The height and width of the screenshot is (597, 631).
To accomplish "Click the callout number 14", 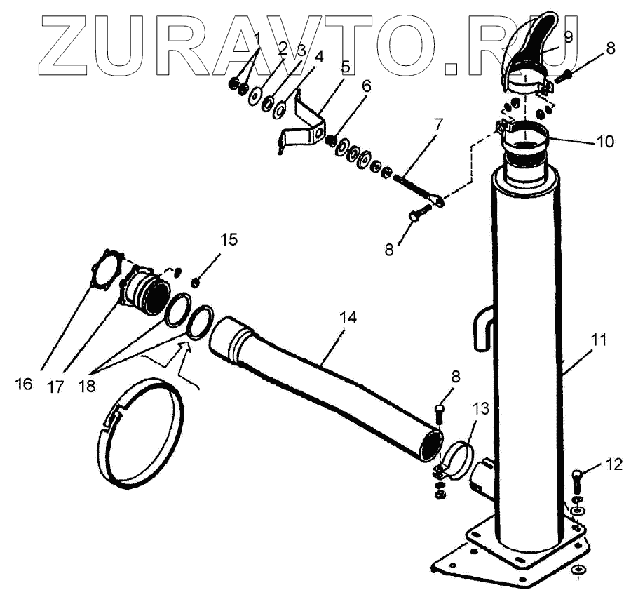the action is [348, 318].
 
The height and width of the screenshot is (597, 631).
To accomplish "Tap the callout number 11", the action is [598, 341].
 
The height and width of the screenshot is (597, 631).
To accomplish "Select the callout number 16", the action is [24, 384].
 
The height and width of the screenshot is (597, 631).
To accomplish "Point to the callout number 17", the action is [55, 387].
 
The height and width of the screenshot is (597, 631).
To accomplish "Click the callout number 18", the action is [87, 386].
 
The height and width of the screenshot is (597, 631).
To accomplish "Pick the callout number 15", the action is [229, 240].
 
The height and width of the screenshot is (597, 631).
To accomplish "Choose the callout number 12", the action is [614, 464].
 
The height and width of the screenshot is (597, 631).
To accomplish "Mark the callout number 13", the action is [480, 409].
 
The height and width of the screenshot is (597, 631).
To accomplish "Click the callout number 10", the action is [605, 142].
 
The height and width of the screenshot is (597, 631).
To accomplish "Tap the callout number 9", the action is [568, 37].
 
